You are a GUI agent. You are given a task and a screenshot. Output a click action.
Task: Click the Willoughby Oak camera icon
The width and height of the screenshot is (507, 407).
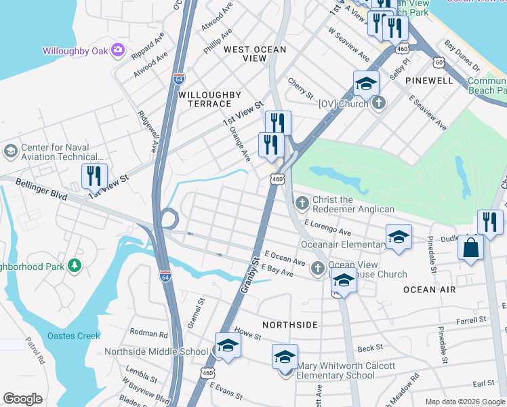(119, 50)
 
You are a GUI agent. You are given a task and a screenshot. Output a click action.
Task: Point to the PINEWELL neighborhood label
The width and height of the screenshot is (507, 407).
(429, 80)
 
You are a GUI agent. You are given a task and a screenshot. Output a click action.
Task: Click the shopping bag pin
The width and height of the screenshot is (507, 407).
(470, 248)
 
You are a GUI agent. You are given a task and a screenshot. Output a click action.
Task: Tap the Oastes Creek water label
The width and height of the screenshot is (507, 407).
(74, 336)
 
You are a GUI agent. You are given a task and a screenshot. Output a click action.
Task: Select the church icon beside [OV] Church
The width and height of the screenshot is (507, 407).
(378, 103)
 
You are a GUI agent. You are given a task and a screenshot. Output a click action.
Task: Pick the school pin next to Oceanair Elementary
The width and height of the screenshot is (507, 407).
(399, 237)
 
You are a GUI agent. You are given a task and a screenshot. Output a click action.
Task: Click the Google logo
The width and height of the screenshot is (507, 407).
(22, 399)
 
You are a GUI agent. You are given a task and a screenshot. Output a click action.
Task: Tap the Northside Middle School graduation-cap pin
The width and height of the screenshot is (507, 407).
(228, 346)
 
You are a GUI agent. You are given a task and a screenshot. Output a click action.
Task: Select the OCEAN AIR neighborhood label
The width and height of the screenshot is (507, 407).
(429, 290)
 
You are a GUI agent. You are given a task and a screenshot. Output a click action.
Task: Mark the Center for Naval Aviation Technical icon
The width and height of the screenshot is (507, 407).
(11, 150)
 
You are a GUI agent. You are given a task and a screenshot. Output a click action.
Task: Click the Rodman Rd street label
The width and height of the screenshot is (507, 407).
(148, 334)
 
